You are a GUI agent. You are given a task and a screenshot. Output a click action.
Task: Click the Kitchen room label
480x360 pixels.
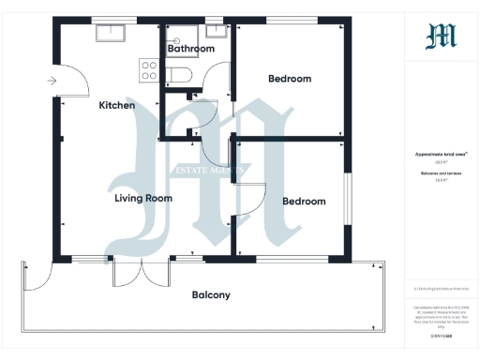pyautogui.click(x=117, y=106)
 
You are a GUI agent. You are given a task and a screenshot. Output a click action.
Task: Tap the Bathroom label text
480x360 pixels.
pyautogui.click(x=187, y=47)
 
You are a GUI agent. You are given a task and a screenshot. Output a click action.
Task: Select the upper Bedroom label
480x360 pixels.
pyautogui.click(x=289, y=79)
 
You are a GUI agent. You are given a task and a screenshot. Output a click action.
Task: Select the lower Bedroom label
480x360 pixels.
pyautogui.click(x=304, y=202)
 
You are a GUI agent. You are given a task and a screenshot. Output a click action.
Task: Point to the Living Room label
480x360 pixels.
pyautogui.click(x=142, y=199)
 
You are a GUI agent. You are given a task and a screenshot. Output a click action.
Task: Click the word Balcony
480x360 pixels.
pyautogui.click(x=211, y=294)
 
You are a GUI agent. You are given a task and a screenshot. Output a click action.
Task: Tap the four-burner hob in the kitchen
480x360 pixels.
pyautogui.click(x=148, y=68)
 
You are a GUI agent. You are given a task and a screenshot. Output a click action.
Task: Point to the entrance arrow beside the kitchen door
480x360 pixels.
pyautogui.click(x=52, y=82)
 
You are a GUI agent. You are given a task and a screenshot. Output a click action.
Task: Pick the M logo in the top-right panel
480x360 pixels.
pyautogui.click(x=441, y=37)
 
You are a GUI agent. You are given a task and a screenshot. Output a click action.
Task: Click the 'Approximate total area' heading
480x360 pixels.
pyautogui.click(x=441, y=154)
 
